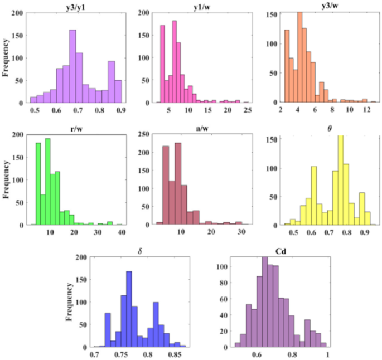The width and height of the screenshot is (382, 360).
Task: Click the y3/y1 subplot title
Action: (73, 6)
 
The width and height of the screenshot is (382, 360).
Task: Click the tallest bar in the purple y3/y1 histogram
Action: (72, 66)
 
